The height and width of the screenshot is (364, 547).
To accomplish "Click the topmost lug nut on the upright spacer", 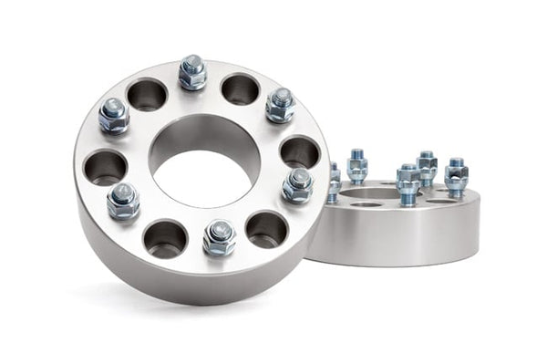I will pos(192,73).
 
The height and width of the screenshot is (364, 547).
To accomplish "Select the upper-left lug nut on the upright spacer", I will pos(114,115).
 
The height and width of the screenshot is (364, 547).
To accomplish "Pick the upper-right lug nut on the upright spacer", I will pos(280,105).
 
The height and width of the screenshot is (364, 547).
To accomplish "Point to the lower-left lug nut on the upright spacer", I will pos(123,201).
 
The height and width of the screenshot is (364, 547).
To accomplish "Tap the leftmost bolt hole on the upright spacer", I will pos(105,167).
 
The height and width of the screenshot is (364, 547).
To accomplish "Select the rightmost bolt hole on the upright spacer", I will pos(299,151).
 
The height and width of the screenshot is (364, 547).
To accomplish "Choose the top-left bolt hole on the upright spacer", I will pos(147,94).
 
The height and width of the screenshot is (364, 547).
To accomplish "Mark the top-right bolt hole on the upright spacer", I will pos(241,88).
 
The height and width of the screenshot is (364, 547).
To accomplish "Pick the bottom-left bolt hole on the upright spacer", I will pos(165,238).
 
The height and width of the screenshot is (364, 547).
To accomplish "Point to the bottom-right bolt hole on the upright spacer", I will pos(266,229).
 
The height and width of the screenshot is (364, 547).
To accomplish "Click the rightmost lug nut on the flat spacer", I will pos(456,177).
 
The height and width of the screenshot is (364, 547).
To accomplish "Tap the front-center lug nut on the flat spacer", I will pos(408,184).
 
